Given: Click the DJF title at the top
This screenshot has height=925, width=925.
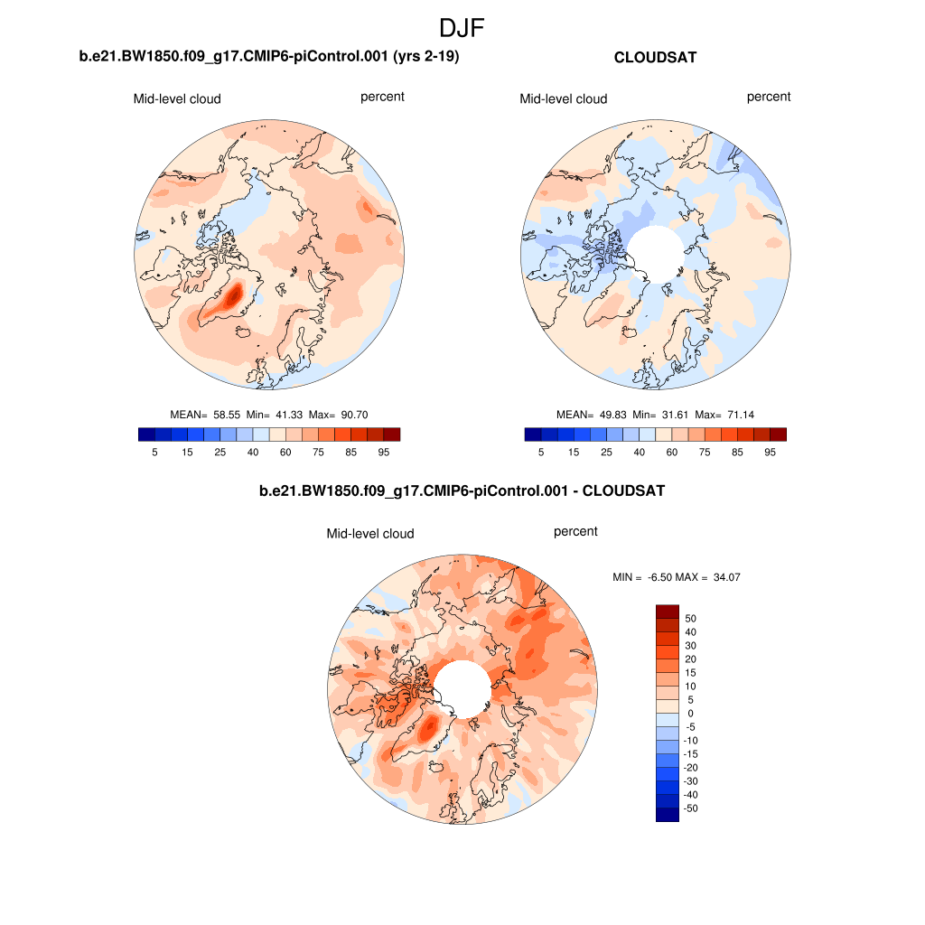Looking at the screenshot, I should (462, 28).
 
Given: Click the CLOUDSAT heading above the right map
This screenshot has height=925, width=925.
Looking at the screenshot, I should (655, 57).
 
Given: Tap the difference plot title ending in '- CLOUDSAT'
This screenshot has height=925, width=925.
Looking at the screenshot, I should (462, 491).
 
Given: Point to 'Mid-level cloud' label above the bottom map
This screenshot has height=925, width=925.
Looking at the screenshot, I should (370, 534).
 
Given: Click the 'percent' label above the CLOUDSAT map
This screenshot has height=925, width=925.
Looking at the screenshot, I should (769, 97).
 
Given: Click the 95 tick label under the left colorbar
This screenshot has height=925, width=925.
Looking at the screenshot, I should (384, 453).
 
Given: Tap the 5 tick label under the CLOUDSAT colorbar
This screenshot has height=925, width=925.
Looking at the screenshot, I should (541, 453).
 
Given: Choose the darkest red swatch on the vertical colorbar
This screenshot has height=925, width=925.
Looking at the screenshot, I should (667, 612).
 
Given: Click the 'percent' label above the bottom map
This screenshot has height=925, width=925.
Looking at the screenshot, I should (575, 531).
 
